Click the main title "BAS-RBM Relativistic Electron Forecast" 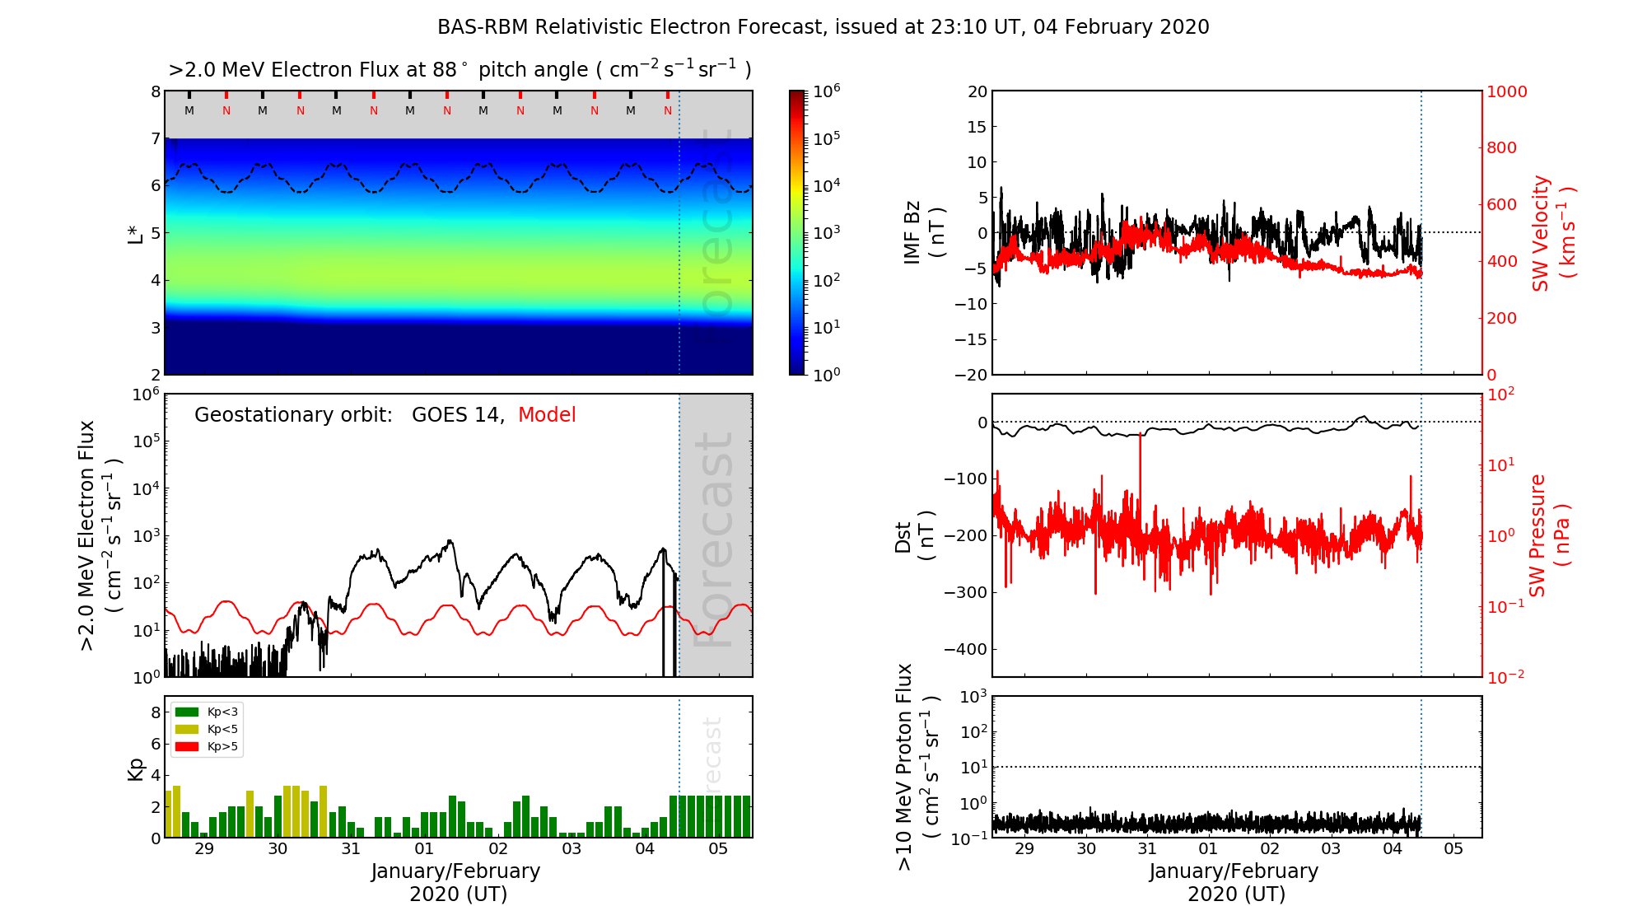pyautogui.click(x=629, y=27)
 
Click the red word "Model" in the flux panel pyautogui.click(x=547, y=415)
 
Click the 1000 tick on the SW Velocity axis pyautogui.click(x=1506, y=91)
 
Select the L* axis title pyautogui.click(x=136, y=233)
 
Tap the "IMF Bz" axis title pyautogui.click(x=913, y=232)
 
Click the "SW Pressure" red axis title pyautogui.click(x=1537, y=535)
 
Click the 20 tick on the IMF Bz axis pyautogui.click(x=977, y=91)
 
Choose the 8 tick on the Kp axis pyautogui.click(x=156, y=712)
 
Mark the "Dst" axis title pyautogui.click(x=903, y=536)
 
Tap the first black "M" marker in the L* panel pyautogui.click(x=189, y=110)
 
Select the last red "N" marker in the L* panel pyautogui.click(x=668, y=110)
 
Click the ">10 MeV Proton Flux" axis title pyautogui.click(x=906, y=767)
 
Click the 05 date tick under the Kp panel pyautogui.click(x=718, y=849)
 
